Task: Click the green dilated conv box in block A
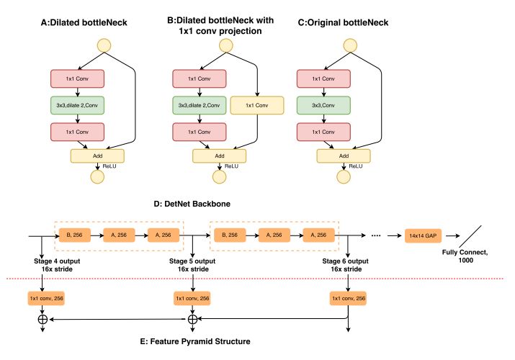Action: pos(78,105)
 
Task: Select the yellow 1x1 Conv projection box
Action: pos(257,105)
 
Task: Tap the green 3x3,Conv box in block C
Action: pos(323,105)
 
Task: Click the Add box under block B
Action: pos(220,156)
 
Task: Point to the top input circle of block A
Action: pos(104,45)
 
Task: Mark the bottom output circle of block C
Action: pos(344,177)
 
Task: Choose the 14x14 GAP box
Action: pos(423,235)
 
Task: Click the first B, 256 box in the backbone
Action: pos(75,235)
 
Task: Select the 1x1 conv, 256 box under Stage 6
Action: pos(348,298)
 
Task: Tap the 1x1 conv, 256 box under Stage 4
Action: pos(46,298)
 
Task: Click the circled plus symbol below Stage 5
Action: pos(192,319)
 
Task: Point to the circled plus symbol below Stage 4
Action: pos(42,319)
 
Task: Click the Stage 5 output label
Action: pos(192,261)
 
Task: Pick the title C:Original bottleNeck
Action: pos(343,22)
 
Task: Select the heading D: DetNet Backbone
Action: pos(192,204)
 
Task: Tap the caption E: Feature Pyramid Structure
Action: pos(195,341)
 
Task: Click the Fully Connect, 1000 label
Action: pos(465,256)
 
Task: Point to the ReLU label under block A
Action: pos(109,166)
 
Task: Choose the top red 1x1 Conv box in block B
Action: pos(200,78)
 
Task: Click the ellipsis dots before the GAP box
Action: pos(376,235)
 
